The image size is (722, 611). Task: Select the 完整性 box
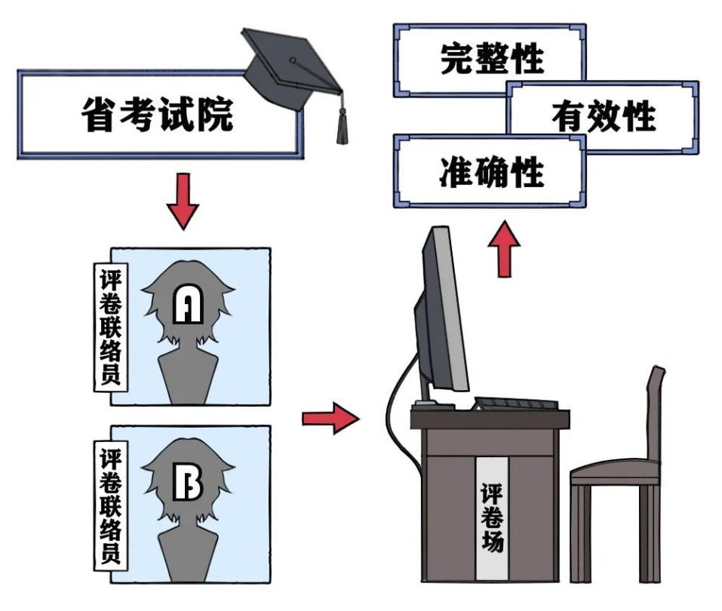490,60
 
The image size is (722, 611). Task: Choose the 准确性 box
490,171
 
